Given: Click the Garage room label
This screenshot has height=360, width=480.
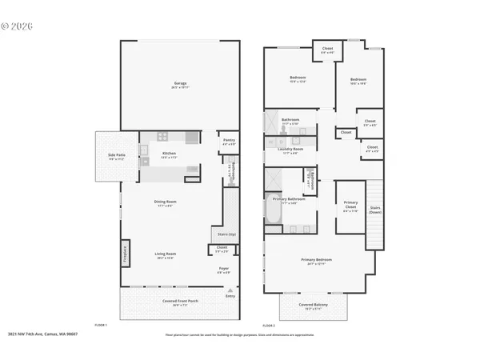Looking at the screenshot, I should pos(180,83).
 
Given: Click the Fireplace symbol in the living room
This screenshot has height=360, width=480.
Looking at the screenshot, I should pos(125,253).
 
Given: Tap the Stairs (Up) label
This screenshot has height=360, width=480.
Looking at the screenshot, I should pos(227,234).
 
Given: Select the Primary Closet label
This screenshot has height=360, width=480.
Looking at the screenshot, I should pos(350,204).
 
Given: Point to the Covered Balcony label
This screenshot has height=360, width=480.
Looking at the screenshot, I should pos(312,304).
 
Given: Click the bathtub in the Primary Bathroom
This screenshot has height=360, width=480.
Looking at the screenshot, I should pos(271,213).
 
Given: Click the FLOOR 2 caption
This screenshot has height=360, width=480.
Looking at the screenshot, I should pos(270,326).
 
